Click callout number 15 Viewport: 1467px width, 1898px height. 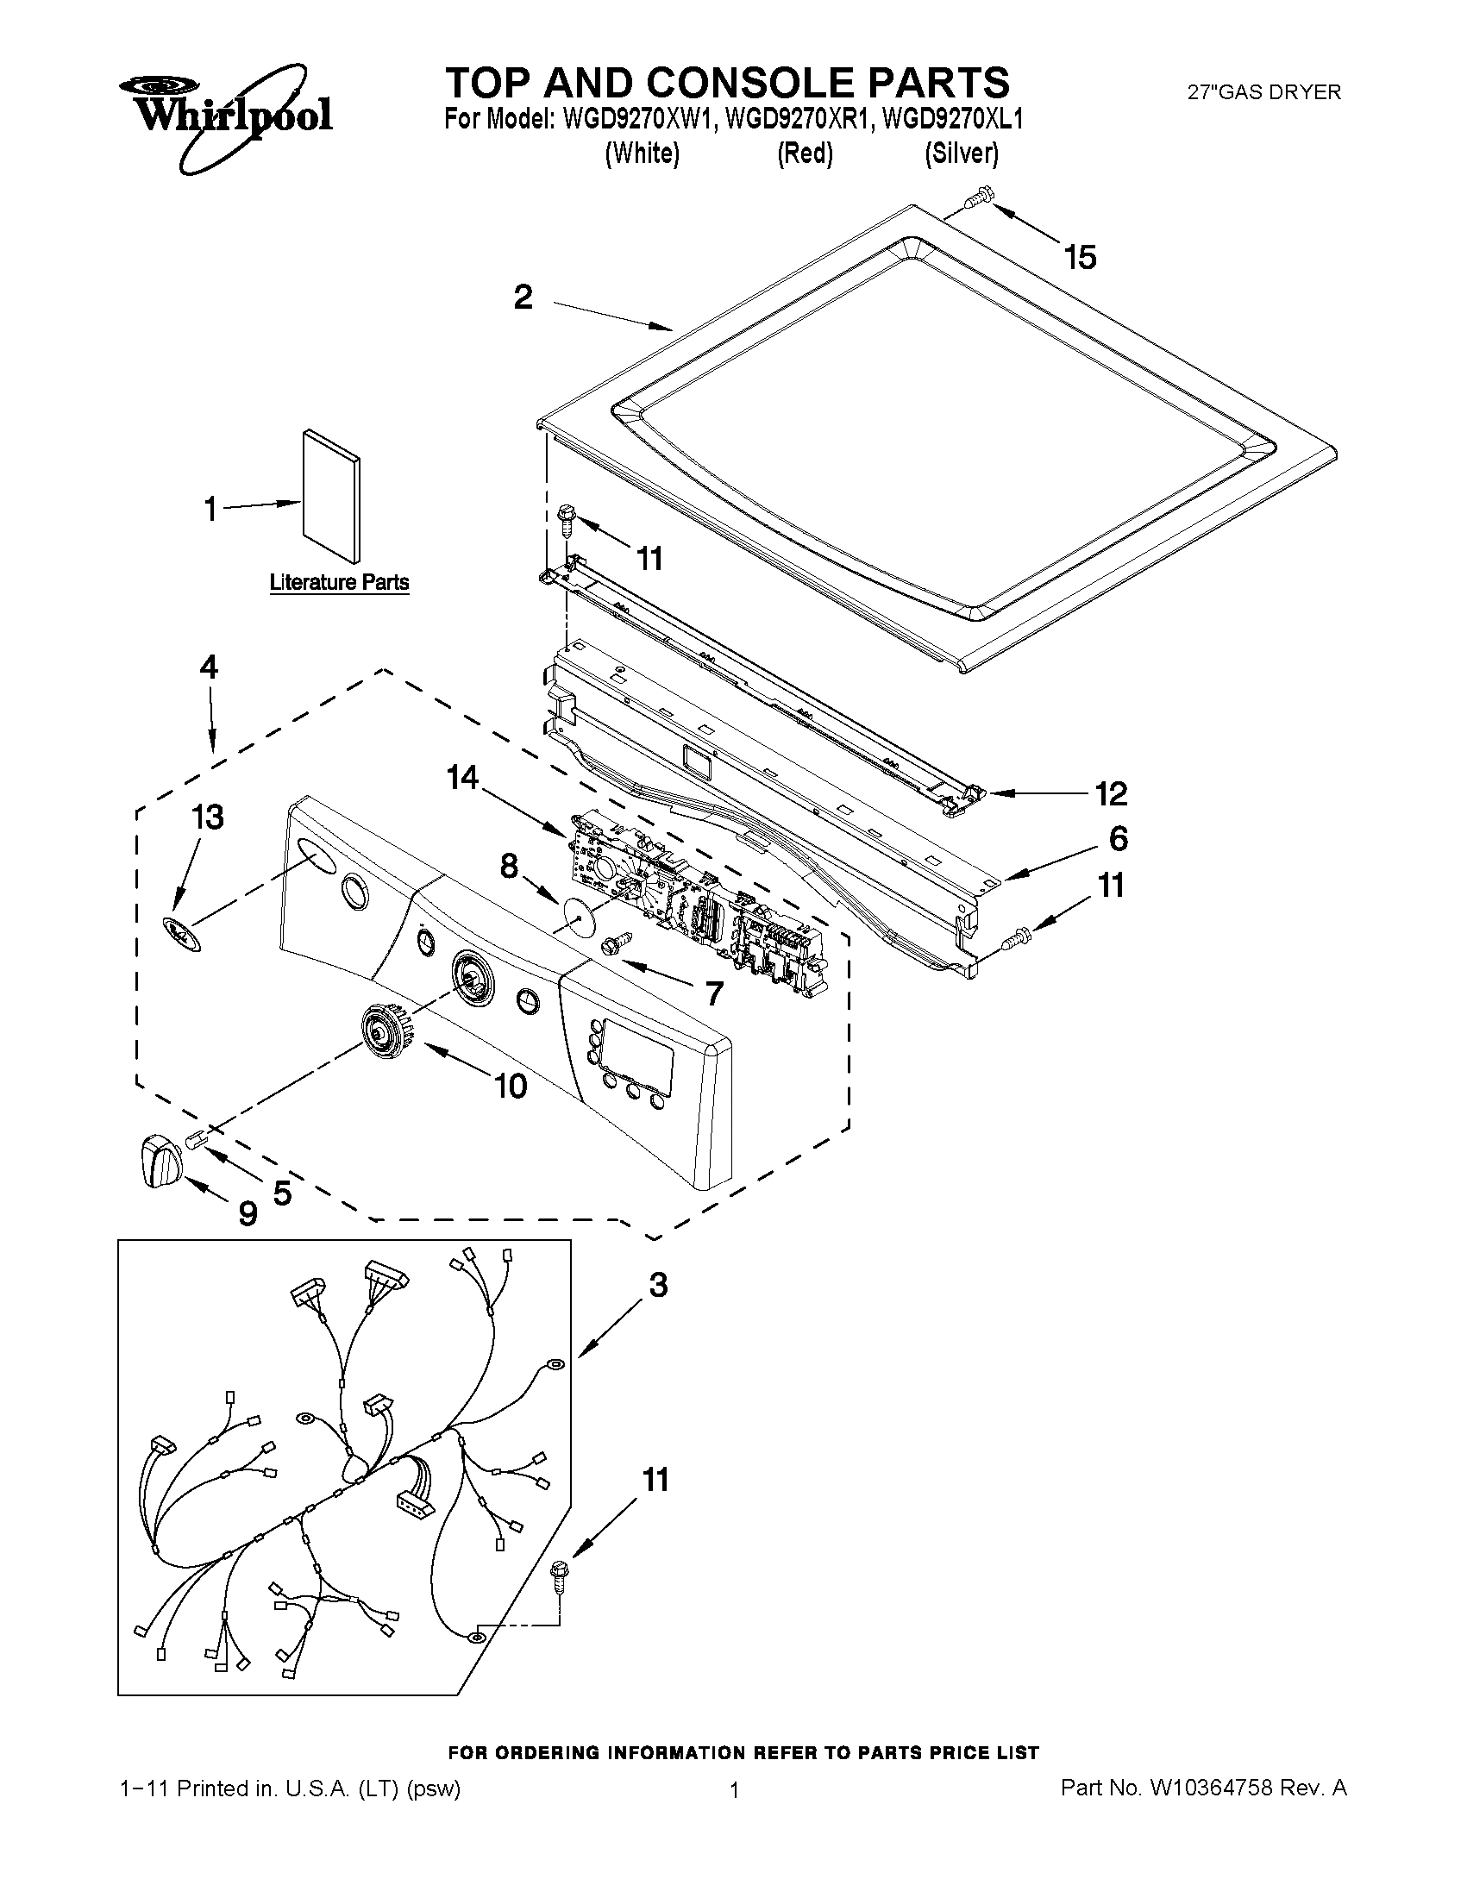pyautogui.click(x=1081, y=257)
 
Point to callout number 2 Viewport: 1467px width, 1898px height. pyautogui.click(x=523, y=298)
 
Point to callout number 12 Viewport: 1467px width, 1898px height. pyautogui.click(x=1110, y=792)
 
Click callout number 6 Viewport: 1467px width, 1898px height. pyautogui.click(x=1118, y=839)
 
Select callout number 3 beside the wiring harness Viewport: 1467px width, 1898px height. pyautogui.click(x=658, y=1285)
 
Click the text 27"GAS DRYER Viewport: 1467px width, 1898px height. pyautogui.click(x=1263, y=92)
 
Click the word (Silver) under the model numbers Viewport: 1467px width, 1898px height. pyautogui.click(x=962, y=153)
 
